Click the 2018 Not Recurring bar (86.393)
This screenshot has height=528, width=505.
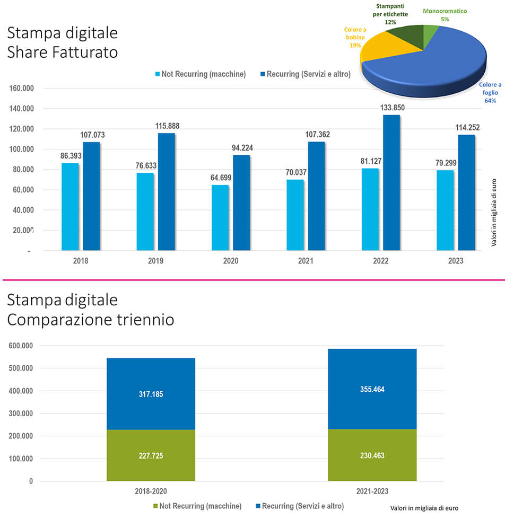(71, 206)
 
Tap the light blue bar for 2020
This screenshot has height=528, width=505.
(220, 217)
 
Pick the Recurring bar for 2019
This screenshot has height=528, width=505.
(167, 191)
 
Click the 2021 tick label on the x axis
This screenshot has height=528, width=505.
(306, 261)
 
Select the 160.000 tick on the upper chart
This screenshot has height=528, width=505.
(21, 89)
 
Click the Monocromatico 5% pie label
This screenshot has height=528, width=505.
(445, 14)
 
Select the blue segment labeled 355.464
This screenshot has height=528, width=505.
(372, 389)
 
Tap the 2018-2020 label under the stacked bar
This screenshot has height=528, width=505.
(151, 491)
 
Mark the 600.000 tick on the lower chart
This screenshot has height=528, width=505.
(21, 346)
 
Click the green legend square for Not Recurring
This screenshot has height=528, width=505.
(155, 506)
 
